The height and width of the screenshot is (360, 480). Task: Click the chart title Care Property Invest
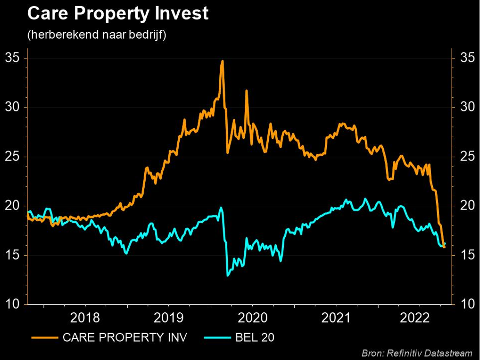click(x=118, y=14)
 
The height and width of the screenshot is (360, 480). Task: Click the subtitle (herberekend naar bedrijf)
click(x=97, y=35)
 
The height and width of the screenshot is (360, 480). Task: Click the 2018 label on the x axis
click(x=85, y=318)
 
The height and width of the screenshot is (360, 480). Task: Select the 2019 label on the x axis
click(x=169, y=318)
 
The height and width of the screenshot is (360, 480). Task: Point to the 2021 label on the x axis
click(x=336, y=318)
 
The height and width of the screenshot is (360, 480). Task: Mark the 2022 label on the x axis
click(x=415, y=318)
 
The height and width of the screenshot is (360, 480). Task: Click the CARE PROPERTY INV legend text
click(x=124, y=337)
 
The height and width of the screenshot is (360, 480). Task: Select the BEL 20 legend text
click(x=255, y=337)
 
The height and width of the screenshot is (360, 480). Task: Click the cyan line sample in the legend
click(x=218, y=337)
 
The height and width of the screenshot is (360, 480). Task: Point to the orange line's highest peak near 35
click(x=222, y=61)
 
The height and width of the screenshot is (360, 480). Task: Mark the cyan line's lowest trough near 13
click(x=228, y=275)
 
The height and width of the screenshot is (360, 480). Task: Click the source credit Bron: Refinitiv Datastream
click(x=417, y=353)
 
